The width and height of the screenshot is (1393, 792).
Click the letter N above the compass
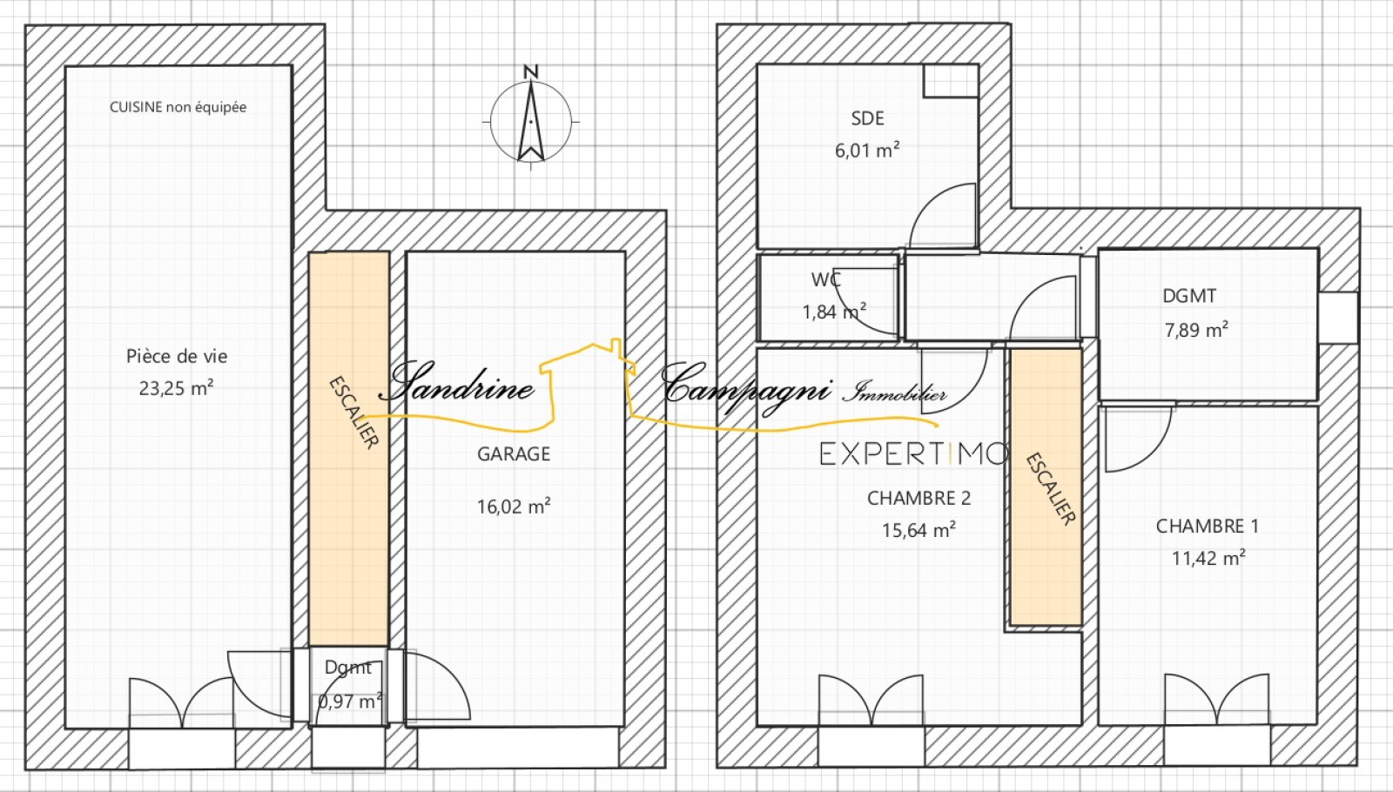(530, 71)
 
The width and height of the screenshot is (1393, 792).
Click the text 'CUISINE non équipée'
(178, 107)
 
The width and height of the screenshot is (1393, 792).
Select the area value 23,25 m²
(177, 388)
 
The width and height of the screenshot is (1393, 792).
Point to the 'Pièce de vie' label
(177, 356)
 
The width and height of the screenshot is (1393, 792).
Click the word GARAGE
(514, 453)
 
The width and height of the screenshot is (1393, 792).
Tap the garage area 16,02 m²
(514, 506)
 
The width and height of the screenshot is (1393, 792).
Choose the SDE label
(867, 118)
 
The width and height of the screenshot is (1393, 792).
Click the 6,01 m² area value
(867, 150)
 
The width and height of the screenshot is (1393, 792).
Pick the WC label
(826, 279)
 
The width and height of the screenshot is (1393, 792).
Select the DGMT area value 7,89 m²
(1196, 329)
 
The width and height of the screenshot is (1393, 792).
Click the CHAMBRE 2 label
(919, 498)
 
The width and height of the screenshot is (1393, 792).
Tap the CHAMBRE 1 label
(1207, 526)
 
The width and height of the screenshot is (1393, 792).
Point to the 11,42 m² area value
(1208, 558)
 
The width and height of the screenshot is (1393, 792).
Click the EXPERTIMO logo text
(913, 453)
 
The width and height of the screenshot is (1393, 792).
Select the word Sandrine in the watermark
(457, 382)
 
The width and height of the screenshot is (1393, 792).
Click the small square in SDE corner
(951, 81)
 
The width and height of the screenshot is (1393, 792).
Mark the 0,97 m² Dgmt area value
(349, 701)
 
